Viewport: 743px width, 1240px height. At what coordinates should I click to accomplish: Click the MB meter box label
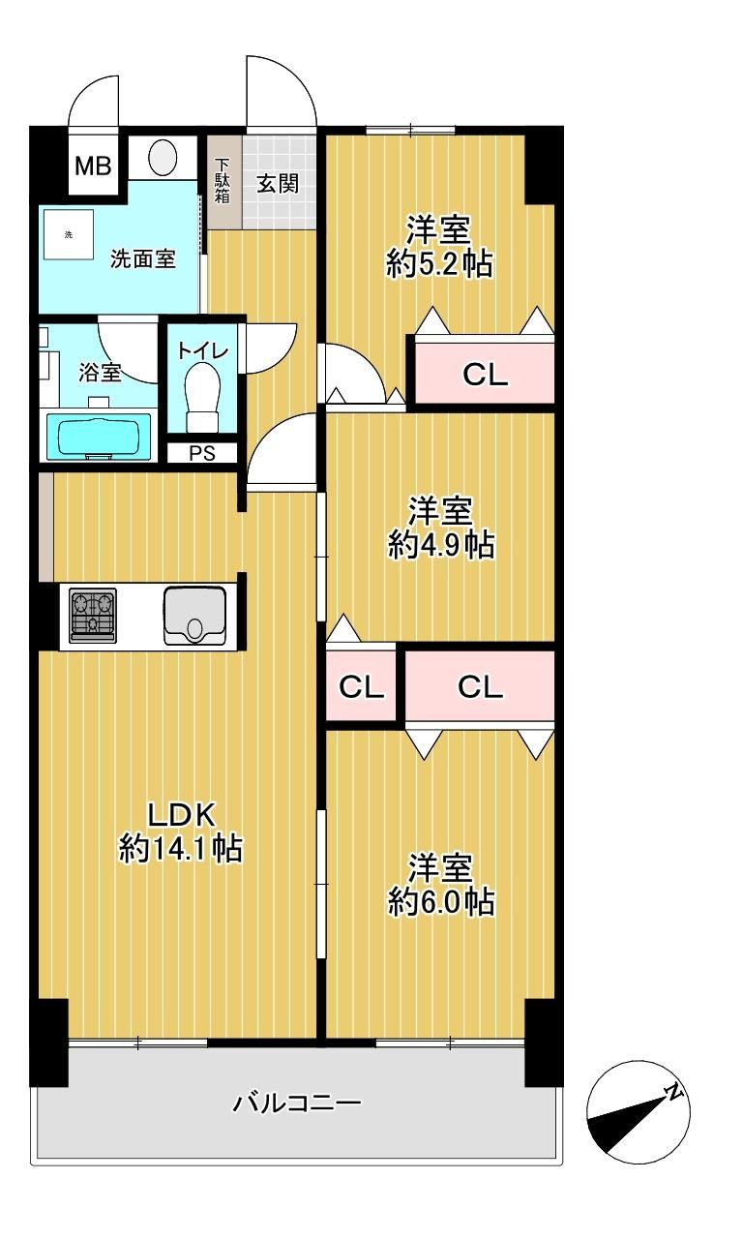pos(93,166)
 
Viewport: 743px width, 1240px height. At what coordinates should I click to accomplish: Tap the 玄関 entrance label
pos(278,183)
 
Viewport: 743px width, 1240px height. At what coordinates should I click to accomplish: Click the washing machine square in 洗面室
pos(69,234)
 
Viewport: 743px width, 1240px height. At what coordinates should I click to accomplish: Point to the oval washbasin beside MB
pos(163,157)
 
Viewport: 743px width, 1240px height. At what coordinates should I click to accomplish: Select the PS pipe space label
pos(202,453)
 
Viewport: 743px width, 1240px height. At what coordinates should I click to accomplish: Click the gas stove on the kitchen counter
pos(92,615)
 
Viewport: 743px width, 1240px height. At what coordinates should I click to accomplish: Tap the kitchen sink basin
pos(194,616)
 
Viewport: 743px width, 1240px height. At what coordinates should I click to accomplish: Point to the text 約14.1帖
pos(180,848)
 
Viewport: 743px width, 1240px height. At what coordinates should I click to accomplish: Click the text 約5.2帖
pos(440,263)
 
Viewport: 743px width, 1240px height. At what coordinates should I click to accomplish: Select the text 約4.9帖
pos(441,545)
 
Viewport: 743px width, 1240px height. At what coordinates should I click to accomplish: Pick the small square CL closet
pos(361,686)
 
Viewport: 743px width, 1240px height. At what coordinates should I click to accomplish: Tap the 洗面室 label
pos(143,258)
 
